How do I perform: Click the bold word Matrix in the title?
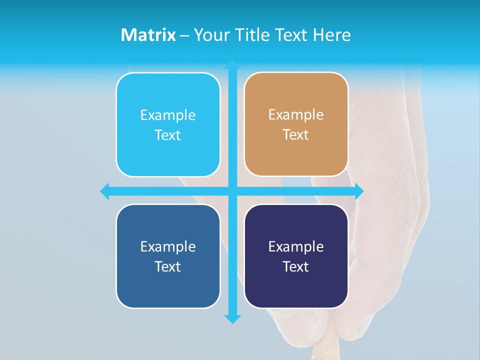pos(148,35)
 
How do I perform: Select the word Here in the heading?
pos(331,35)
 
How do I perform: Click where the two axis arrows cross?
pos(232,191)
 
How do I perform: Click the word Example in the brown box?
pos(296,114)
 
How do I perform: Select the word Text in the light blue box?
pos(168,135)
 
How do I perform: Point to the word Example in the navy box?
pos(296,246)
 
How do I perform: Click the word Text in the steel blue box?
pos(168,266)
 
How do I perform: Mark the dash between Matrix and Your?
pos(184,35)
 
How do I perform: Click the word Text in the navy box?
pos(296,266)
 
